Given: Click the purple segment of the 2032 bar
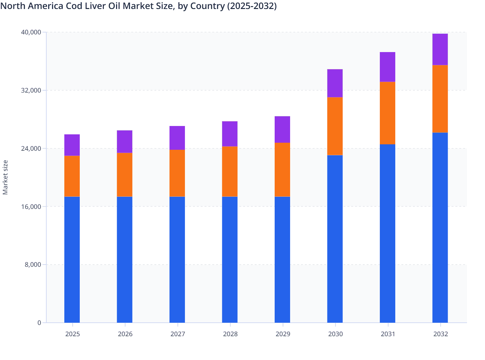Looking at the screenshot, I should pos(440,49).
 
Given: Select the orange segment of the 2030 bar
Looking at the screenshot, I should pos(335,126).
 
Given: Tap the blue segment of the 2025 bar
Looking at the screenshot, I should pos(72,259).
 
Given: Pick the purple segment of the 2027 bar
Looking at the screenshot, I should pos(177,138).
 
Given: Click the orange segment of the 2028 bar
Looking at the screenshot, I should pos(230,171).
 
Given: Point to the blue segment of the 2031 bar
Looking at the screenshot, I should pos(388,233).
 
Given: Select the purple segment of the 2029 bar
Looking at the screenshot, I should pos(282,129).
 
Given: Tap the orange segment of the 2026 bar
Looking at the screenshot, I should pos(124,175).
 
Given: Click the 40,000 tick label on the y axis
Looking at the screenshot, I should pos(31,32).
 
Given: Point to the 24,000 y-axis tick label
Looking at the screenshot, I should pos(31,148).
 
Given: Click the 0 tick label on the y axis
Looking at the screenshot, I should pos(39,323).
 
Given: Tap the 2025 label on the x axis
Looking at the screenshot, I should pos(72,334).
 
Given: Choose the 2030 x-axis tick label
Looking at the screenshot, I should pos(335,334).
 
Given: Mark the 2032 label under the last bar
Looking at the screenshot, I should pos(441,334).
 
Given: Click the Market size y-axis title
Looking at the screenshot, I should pos(5,177).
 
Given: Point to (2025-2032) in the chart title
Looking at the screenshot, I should pos(252,6).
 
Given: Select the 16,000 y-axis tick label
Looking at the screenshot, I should pos(31,207).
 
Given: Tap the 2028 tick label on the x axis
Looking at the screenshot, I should pos(230,334).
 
